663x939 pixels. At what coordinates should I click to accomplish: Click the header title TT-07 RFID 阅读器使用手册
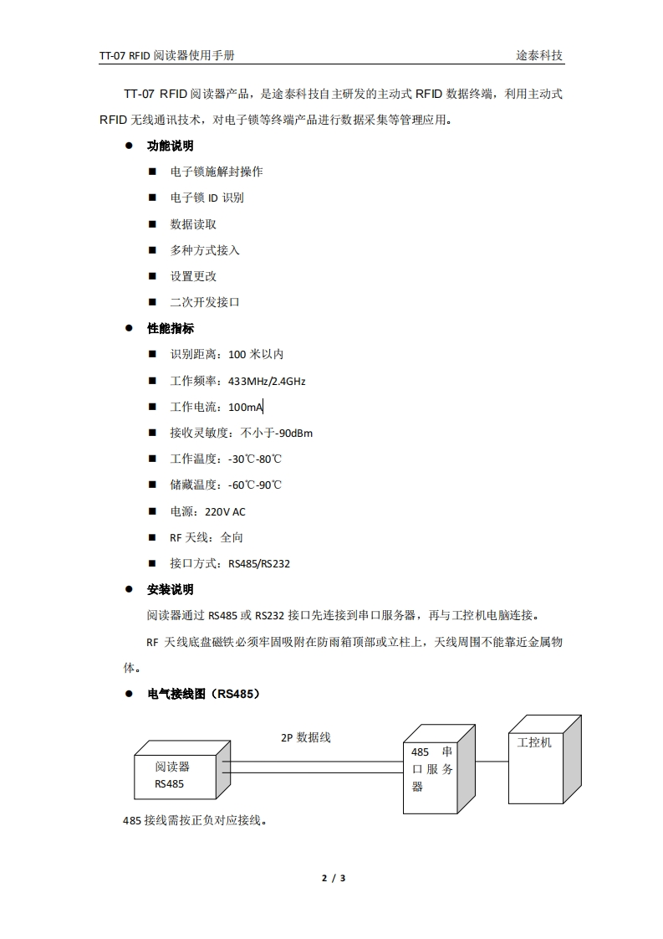[166, 56]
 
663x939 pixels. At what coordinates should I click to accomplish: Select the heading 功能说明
[171, 146]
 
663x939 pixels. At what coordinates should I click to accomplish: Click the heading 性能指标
[171, 328]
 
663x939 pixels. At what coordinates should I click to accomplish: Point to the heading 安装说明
[171, 589]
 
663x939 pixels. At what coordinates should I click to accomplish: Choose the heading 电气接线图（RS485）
[204, 694]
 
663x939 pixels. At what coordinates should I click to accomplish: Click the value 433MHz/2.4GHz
[267, 381]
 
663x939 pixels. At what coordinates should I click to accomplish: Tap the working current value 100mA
[245, 407]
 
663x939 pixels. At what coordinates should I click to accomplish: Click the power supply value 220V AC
[225, 511]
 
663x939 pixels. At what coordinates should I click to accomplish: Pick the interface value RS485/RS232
[259, 563]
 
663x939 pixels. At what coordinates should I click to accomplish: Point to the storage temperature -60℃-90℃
[255, 485]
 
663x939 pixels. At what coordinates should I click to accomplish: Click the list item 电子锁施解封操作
[217, 172]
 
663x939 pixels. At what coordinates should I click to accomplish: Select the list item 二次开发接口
[205, 302]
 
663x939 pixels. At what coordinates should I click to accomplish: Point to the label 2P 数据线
[306, 737]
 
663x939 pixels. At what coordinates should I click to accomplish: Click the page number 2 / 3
[334, 878]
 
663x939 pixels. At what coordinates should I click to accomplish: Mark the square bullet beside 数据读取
[152, 224]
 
